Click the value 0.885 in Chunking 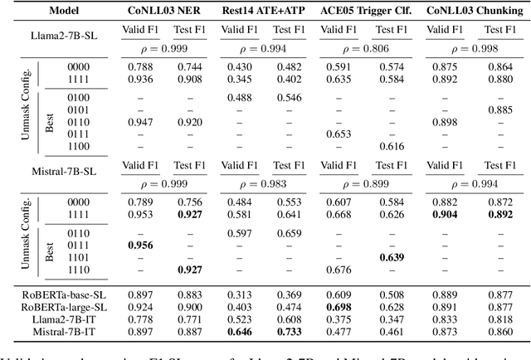coord(496,109)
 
